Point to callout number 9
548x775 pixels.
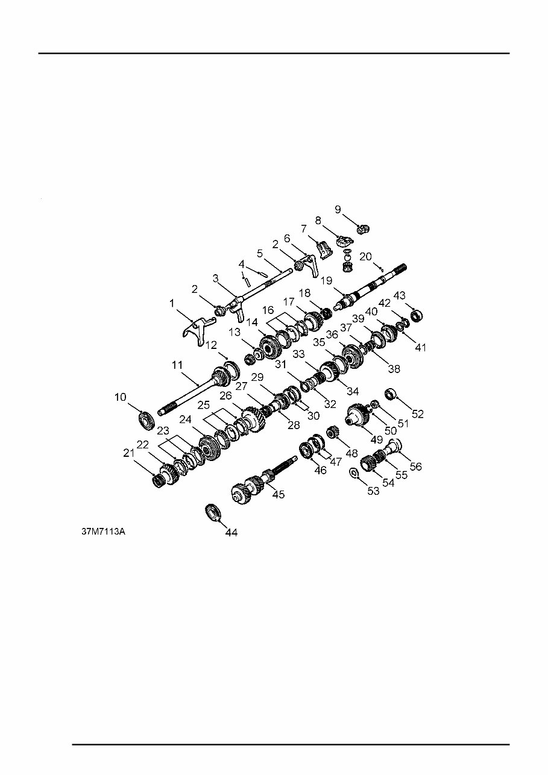[x=338, y=210]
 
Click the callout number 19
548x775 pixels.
[x=326, y=280]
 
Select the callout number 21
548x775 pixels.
[x=128, y=453]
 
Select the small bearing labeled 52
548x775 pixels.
[x=390, y=395]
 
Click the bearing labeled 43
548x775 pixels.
[x=415, y=315]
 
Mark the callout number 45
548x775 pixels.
[x=279, y=494]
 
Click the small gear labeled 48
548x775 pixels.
[x=331, y=432]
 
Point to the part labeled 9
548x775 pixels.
[x=363, y=228]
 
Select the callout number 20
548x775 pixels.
[x=365, y=256]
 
